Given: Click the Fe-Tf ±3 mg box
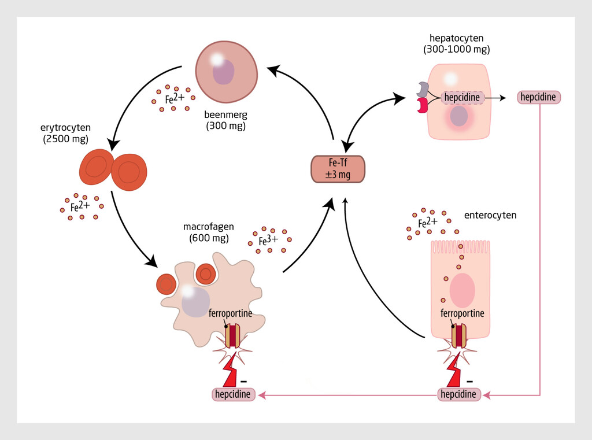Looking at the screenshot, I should (x=338, y=169).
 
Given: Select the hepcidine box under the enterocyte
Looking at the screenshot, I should (x=459, y=394).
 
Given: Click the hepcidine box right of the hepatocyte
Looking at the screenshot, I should (x=538, y=97).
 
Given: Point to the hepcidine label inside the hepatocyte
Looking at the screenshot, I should (x=462, y=98).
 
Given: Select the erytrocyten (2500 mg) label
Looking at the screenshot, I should (x=65, y=134).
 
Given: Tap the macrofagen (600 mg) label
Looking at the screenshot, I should (x=209, y=232).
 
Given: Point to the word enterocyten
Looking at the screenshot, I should (x=490, y=215).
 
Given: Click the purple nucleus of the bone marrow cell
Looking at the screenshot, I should (x=223, y=72).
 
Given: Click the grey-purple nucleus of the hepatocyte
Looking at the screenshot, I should (x=458, y=116).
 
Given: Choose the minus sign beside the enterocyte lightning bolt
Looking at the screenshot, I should (x=469, y=382).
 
